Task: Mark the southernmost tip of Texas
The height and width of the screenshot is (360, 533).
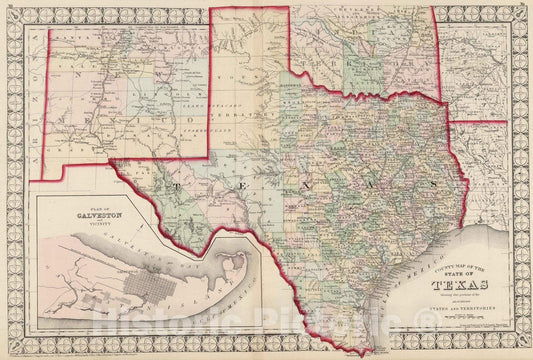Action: pos(359,352)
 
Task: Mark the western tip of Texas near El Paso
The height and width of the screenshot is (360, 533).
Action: pos(113,161)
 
